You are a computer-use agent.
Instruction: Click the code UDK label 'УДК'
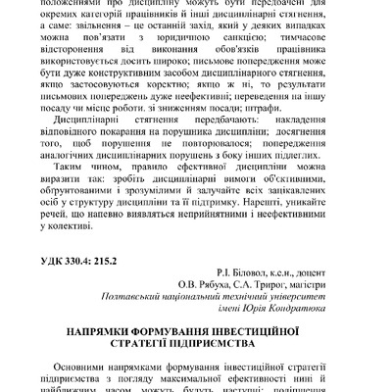[77, 261]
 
